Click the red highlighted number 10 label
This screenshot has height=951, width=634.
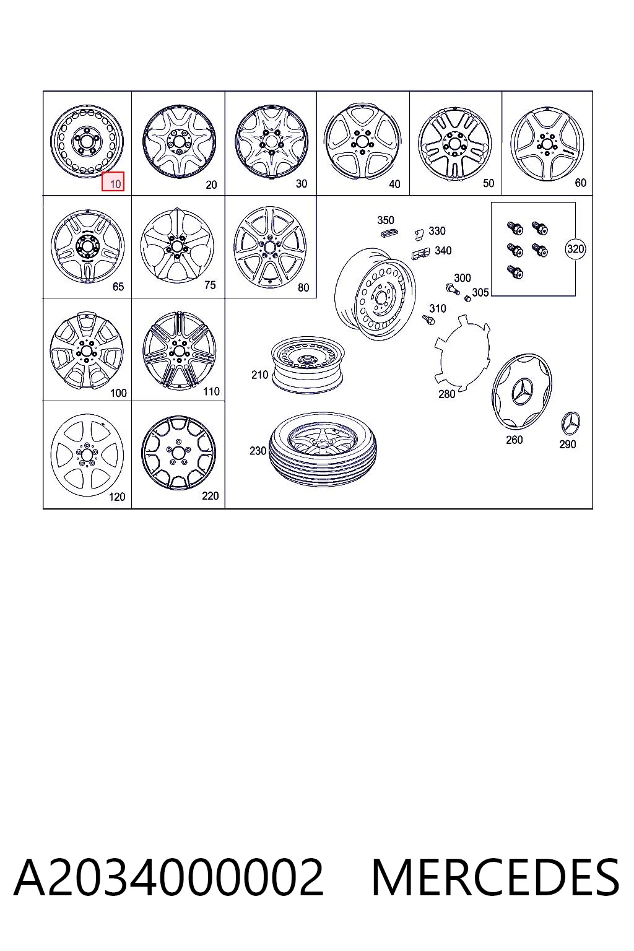tap(113, 181)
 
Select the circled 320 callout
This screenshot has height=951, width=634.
tap(575, 249)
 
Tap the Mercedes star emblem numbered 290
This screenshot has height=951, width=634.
tap(570, 423)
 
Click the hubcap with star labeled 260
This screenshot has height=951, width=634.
tap(522, 391)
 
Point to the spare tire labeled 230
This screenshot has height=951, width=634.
tap(323, 449)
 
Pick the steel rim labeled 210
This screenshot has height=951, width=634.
tap(308, 365)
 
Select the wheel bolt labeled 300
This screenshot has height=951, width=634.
tap(452, 289)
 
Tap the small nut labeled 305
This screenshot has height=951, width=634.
tap(467, 298)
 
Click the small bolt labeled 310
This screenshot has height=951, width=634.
tap(428, 320)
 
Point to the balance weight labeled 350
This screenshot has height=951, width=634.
tap(389, 233)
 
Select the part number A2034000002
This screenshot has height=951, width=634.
tap(169, 877)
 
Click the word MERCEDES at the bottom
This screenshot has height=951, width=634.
tap(495, 877)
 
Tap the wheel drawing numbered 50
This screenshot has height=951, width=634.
tap(455, 142)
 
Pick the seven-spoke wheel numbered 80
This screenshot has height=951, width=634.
tap(270, 247)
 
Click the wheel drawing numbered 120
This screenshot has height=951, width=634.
tap(87, 454)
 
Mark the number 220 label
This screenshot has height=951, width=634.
tap(211, 496)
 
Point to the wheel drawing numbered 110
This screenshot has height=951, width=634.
tap(179, 350)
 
